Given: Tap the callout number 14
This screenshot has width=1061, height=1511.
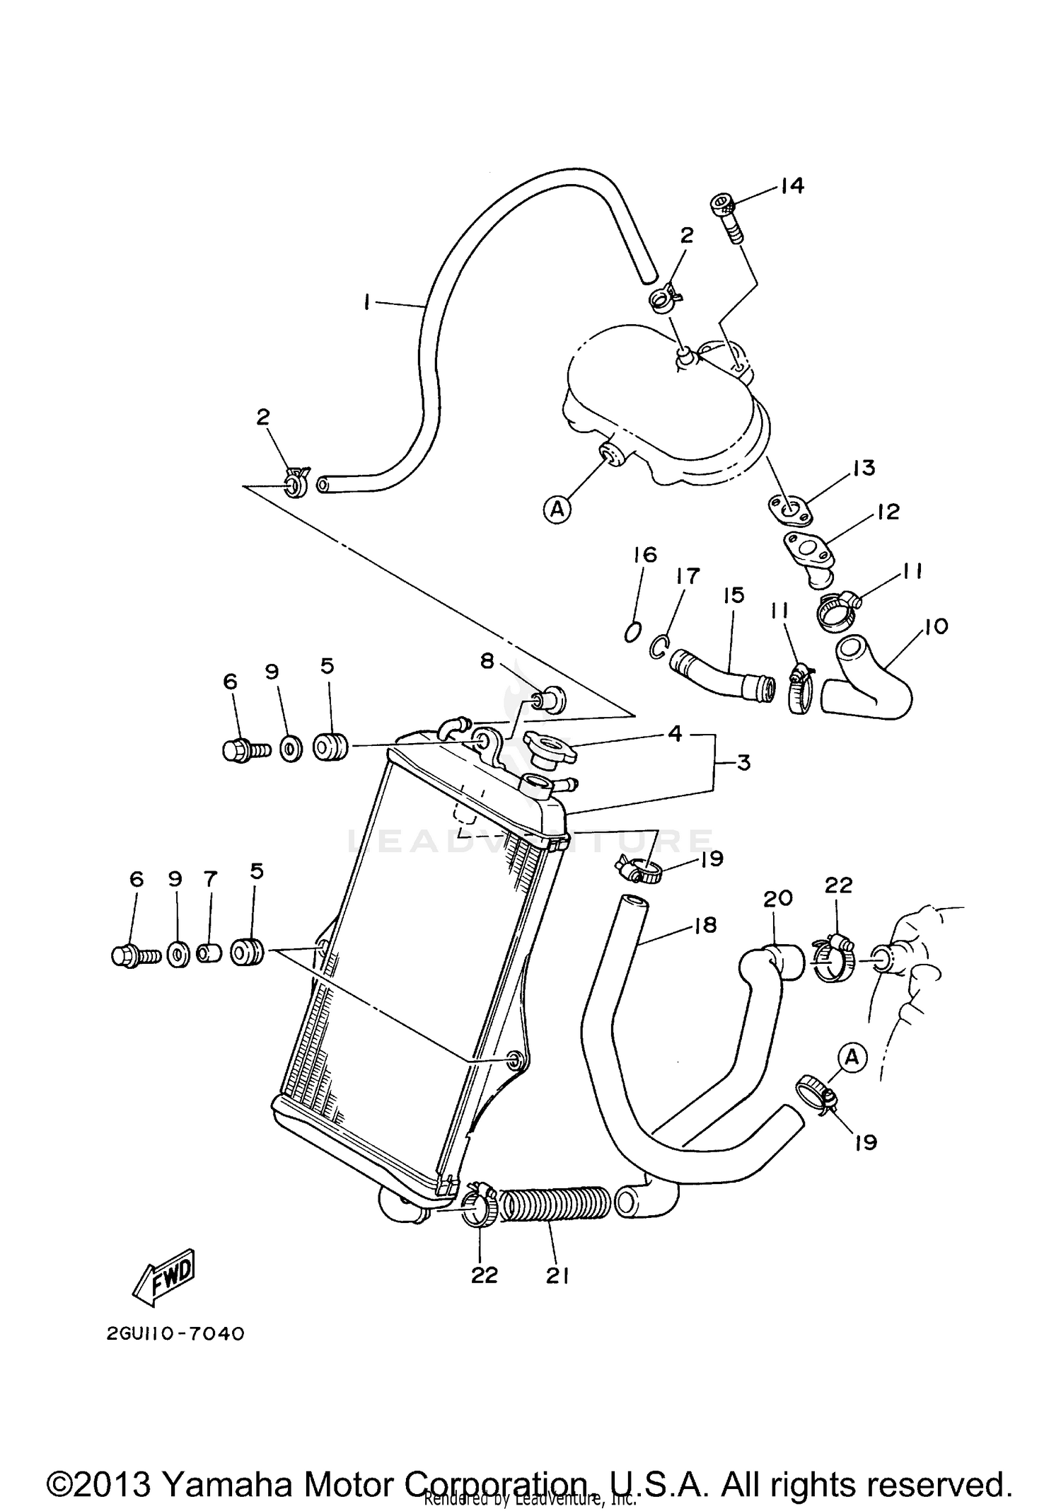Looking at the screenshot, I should point(792,186).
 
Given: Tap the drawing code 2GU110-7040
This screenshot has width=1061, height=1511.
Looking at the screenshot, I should point(175,1333).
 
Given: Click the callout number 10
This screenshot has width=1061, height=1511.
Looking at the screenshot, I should point(935,626).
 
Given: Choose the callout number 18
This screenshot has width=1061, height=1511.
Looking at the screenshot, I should point(705,925).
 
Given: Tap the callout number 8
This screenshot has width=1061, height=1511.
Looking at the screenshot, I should point(487,661).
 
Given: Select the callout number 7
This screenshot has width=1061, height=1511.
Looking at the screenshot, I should point(209,879).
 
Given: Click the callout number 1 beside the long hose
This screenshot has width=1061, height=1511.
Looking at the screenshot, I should point(366,302).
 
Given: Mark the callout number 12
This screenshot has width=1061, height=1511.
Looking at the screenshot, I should point(888,512).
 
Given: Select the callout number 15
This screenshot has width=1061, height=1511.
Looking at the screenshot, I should point(734,596).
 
